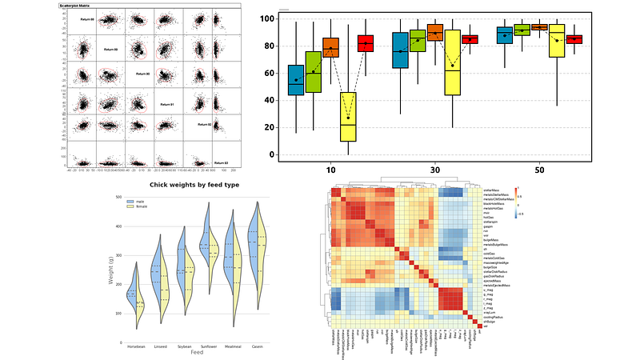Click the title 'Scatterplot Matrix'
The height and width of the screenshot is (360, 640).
click(78, 5)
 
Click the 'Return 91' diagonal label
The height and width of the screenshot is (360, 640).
click(167, 105)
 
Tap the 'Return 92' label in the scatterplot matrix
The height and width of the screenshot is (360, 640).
click(202, 124)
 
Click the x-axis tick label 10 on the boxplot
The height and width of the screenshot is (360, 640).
click(330, 170)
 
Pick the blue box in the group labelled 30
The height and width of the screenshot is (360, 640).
click(400, 50)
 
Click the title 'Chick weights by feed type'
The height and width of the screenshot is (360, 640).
click(194, 186)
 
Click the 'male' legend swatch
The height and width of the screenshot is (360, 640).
click(130, 200)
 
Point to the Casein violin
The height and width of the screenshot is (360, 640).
click(258, 256)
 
